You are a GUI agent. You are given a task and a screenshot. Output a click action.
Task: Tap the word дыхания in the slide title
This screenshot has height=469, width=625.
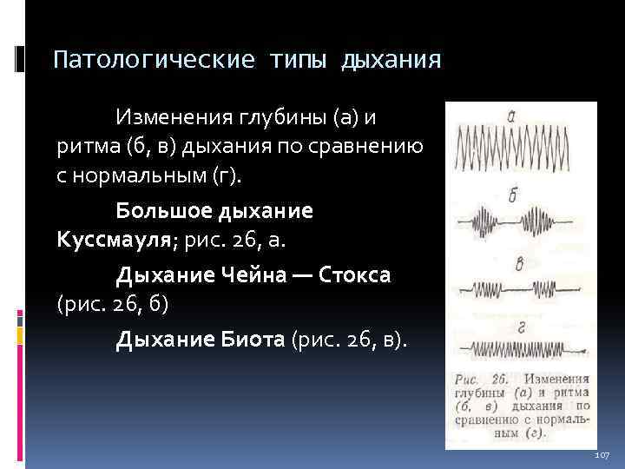point(391,61)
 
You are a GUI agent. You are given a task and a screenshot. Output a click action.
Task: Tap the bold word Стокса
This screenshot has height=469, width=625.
point(355,275)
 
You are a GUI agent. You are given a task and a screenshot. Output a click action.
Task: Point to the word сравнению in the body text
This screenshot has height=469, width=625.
point(378,146)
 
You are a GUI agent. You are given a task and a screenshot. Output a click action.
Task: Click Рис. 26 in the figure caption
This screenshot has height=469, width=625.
point(480,380)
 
